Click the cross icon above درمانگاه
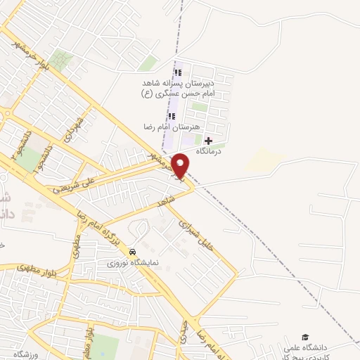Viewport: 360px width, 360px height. [x=207, y=141]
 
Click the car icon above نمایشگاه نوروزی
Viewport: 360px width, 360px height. [x=132, y=252]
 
